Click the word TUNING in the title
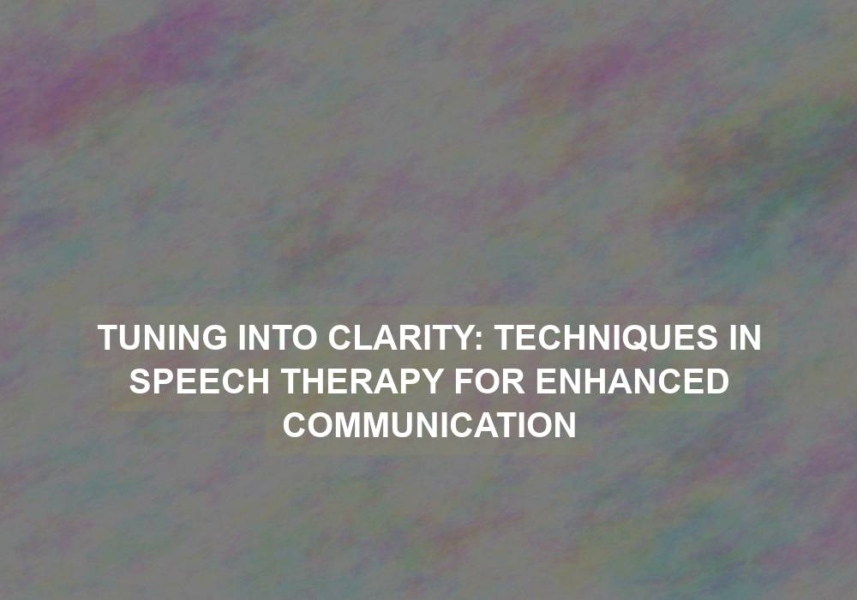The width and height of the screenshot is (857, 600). point(162,337)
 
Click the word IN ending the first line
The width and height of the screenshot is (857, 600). point(745,337)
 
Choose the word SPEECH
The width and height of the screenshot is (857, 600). point(200,381)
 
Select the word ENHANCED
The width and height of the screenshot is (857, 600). point(632,381)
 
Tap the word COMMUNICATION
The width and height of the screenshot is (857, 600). point(429,424)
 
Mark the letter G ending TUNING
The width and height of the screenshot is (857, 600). point(213,337)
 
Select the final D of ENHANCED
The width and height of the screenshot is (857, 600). point(716,381)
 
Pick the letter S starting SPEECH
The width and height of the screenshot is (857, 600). point(141,381)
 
